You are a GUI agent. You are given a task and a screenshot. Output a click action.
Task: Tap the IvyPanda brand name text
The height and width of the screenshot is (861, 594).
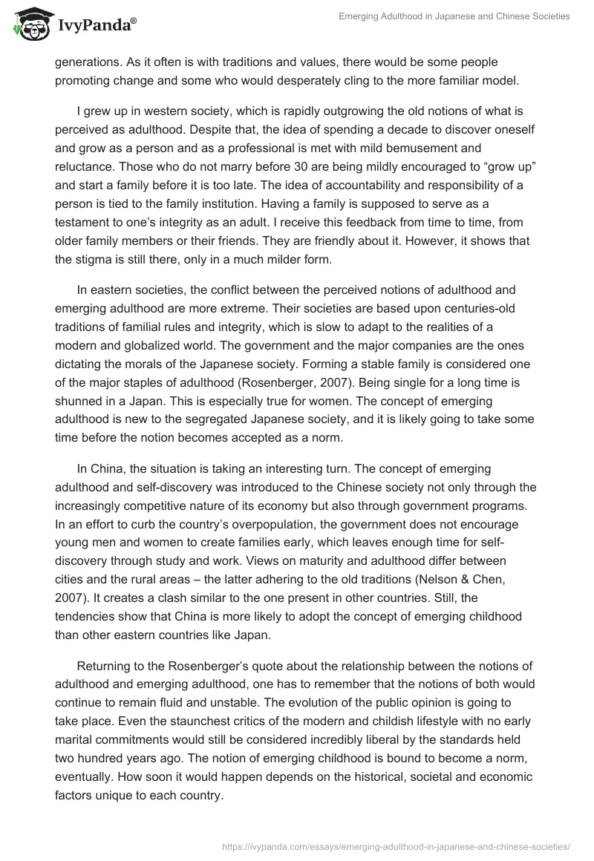point(95,26)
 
